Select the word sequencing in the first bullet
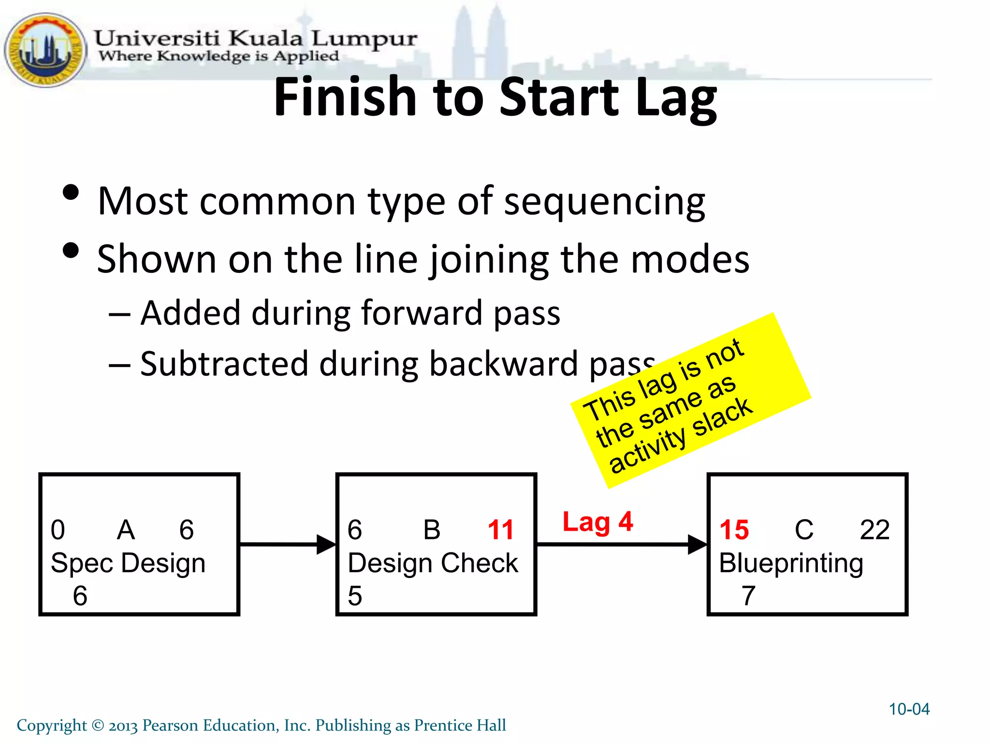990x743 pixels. [604, 201]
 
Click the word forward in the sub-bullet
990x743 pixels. [421, 313]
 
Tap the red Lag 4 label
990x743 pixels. [597, 522]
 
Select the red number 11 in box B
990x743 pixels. [500, 530]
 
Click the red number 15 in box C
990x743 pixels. [734, 530]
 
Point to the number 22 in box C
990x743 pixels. [874, 530]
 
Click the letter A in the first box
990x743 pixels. [126, 530]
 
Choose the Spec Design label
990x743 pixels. [128, 563]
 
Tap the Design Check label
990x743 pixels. [433, 563]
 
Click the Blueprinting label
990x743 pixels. [791, 563]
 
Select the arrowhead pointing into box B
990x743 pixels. [327, 545]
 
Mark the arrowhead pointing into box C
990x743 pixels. [698, 545]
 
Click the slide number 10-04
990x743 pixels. [909, 709]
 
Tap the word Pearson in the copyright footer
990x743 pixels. [170, 726]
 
